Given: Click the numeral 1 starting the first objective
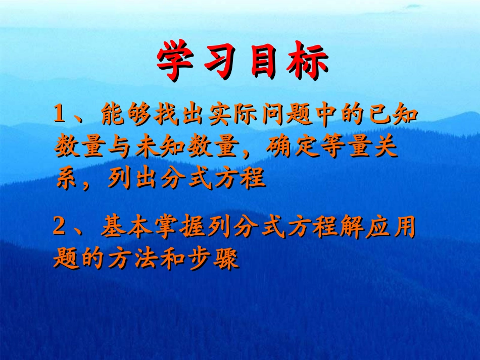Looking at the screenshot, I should pos(60,116).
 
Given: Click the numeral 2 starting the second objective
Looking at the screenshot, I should pos(60,229).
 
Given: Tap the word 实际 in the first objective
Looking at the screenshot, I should pos(235,116).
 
